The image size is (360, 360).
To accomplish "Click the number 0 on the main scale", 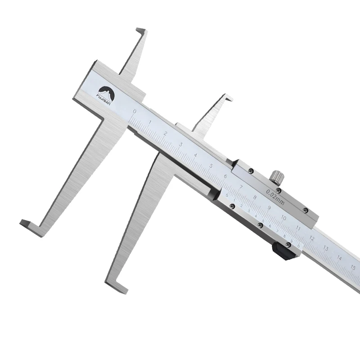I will point(134,111).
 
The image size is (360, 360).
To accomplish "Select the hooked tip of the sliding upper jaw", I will point(228,97).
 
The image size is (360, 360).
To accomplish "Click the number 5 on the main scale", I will point(211,166).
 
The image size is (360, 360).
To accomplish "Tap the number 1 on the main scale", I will point(150,122).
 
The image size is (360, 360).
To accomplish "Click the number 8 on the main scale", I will point(255,197).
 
